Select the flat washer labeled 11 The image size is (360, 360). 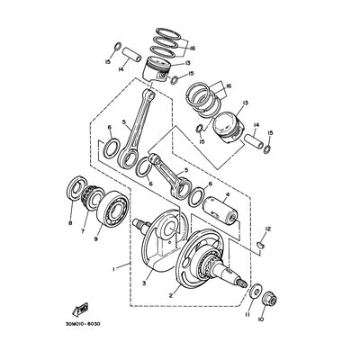(256, 291)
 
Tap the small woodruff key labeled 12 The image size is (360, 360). (260, 245)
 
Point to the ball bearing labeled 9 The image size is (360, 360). (112, 209)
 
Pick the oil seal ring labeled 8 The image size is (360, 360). (74, 190)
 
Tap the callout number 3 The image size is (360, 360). (144, 283)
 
